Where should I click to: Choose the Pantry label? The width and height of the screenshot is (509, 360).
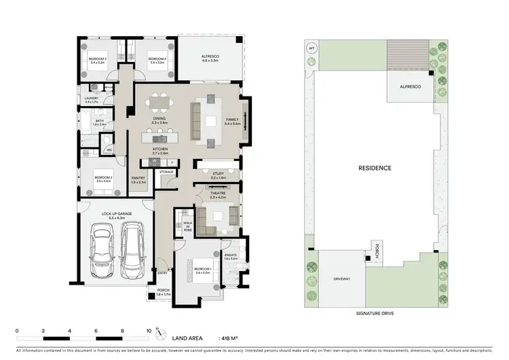[x=138, y=179]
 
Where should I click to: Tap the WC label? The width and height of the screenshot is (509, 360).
[x=109, y=150]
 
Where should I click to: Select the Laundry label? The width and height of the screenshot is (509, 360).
[x=92, y=100]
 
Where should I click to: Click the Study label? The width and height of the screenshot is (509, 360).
[x=218, y=175]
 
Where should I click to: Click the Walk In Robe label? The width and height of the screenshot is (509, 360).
[x=187, y=225]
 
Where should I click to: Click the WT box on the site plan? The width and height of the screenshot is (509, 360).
[x=312, y=49]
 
